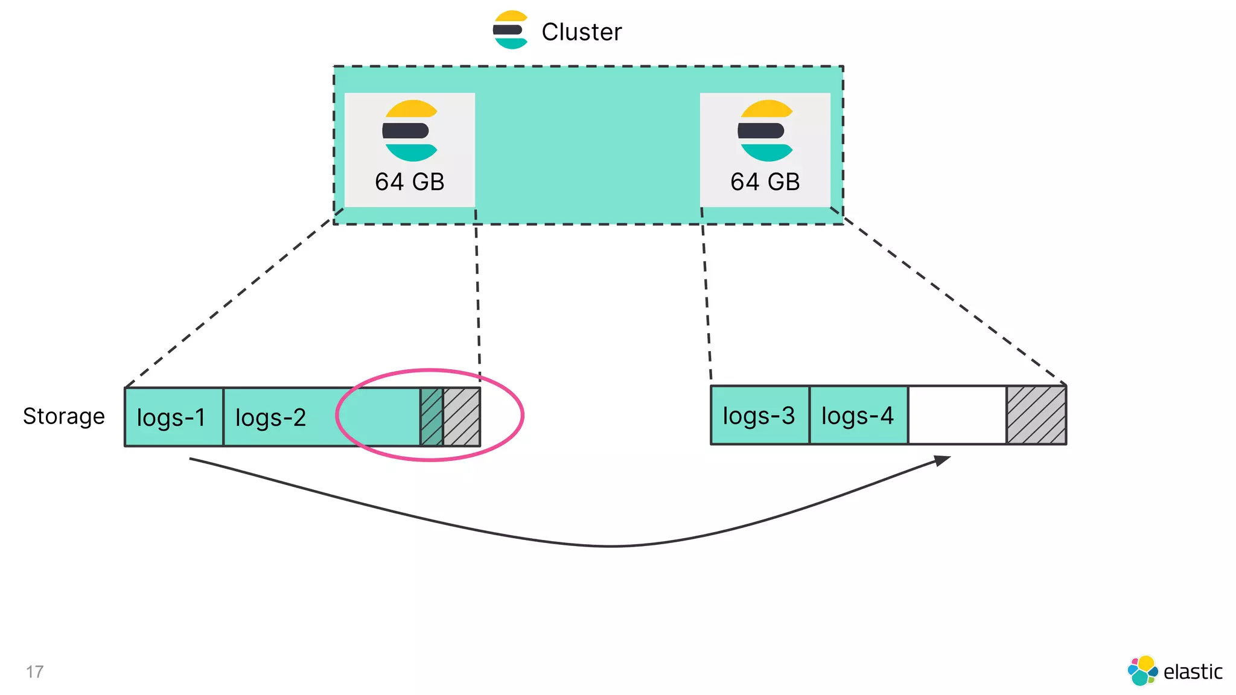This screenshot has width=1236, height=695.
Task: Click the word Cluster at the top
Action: (x=581, y=32)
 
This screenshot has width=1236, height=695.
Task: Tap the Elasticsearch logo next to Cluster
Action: (x=511, y=30)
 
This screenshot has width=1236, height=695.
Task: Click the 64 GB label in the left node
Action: (x=409, y=182)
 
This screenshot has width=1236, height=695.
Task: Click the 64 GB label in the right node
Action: (x=765, y=182)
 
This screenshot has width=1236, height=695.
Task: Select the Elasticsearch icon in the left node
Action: (x=410, y=130)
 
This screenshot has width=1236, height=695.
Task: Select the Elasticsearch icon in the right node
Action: (x=765, y=130)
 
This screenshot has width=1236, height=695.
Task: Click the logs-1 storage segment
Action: (x=173, y=417)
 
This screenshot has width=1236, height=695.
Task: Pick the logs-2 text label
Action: (x=270, y=417)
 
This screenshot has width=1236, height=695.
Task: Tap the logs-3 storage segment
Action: (x=760, y=415)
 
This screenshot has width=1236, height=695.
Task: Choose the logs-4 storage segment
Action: (x=858, y=415)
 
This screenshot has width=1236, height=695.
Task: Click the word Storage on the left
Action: (x=63, y=416)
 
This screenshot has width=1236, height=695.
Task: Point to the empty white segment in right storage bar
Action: (x=957, y=415)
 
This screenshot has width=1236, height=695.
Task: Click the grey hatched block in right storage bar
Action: (x=1036, y=415)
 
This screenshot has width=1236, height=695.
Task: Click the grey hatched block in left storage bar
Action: (x=462, y=417)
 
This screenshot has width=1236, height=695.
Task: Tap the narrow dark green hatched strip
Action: (x=432, y=417)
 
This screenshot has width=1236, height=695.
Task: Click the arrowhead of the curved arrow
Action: (x=943, y=460)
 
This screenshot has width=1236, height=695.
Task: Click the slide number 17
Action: (x=34, y=671)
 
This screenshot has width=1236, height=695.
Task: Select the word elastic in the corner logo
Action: (x=1192, y=671)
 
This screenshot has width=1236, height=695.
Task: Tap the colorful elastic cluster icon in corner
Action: (x=1142, y=671)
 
